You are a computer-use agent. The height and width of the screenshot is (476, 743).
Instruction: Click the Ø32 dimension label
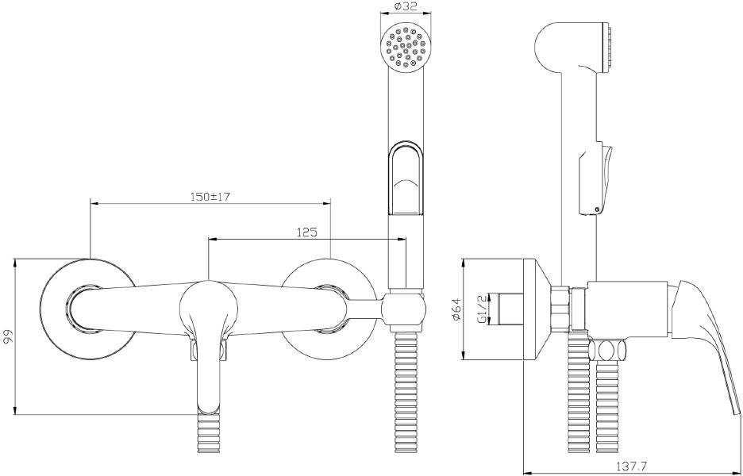(x=406, y=6)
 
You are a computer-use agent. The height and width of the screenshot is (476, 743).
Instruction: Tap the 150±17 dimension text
(x=210, y=197)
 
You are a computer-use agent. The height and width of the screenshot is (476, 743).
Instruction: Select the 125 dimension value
(x=306, y=232)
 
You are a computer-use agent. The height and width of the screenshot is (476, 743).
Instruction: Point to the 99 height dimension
(x=7, y=336)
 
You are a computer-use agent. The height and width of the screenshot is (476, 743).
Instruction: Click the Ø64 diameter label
(x=456, y=309)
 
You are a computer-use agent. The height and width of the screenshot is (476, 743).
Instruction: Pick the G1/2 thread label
(x=482, y=309)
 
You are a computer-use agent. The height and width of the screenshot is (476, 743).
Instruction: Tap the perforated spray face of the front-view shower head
(x=406, y=48)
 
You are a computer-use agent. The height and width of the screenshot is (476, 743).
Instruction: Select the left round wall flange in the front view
(x=88, y=309)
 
